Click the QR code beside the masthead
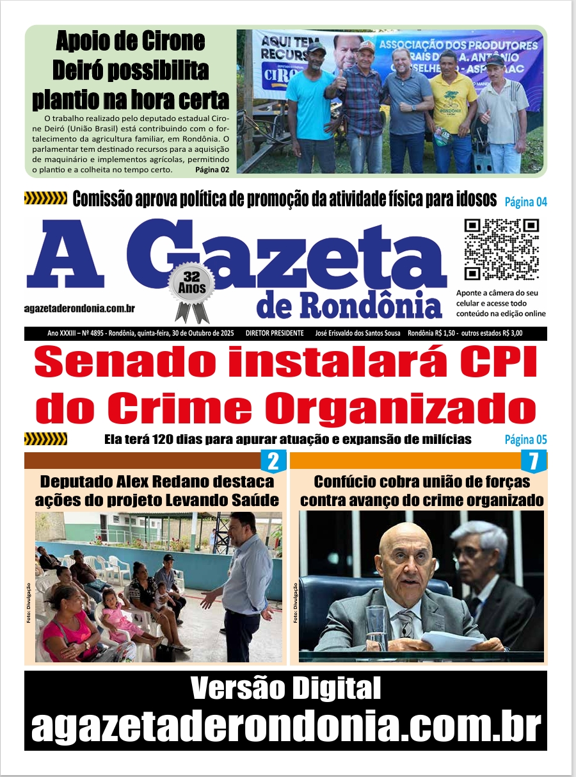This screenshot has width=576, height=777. [501, 249]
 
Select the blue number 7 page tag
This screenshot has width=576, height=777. [532, 461]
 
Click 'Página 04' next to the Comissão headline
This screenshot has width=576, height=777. [526, 202]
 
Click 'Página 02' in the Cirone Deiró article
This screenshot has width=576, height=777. [212, 170]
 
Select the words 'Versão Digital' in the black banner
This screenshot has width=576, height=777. [285, 689]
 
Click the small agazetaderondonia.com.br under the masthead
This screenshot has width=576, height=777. [79, 308]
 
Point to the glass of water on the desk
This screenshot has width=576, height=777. [378, 626]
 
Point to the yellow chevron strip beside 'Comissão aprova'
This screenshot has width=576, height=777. [45, 199]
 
